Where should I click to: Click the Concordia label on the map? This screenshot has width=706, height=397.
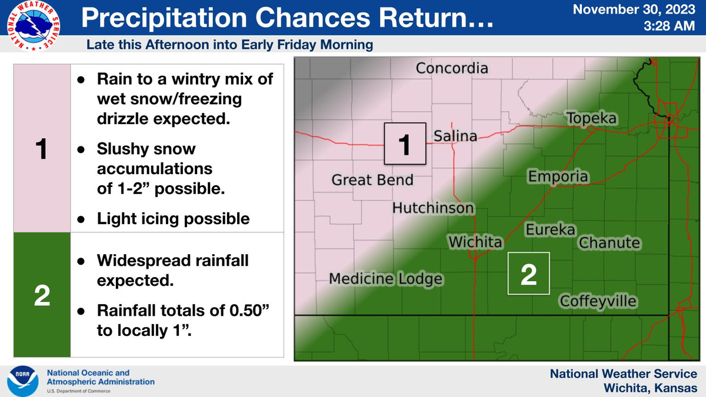452,68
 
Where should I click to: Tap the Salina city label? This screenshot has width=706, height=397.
455,136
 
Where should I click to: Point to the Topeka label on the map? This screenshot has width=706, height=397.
592,118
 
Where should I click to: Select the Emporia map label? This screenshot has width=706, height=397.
558,176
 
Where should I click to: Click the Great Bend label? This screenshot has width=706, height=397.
372,180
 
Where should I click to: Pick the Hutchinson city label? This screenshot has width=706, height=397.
433,208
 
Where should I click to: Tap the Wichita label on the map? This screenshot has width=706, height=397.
475,242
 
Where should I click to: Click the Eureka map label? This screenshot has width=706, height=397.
550,229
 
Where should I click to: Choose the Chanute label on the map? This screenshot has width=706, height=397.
610,242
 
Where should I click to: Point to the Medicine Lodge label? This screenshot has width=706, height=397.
386,279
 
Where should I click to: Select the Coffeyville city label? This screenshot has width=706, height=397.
598,301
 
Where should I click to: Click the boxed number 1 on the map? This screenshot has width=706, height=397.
405,144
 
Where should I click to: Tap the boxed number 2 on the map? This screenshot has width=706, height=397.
528,273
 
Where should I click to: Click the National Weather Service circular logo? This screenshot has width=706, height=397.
34,26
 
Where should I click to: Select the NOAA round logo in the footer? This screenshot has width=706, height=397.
23,381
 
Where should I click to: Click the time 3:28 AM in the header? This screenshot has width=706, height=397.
669,26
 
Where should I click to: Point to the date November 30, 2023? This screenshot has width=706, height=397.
634,9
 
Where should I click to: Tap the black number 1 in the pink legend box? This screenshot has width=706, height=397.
42,149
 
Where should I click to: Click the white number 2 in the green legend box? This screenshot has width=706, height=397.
42,295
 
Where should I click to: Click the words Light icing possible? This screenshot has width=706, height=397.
173,219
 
